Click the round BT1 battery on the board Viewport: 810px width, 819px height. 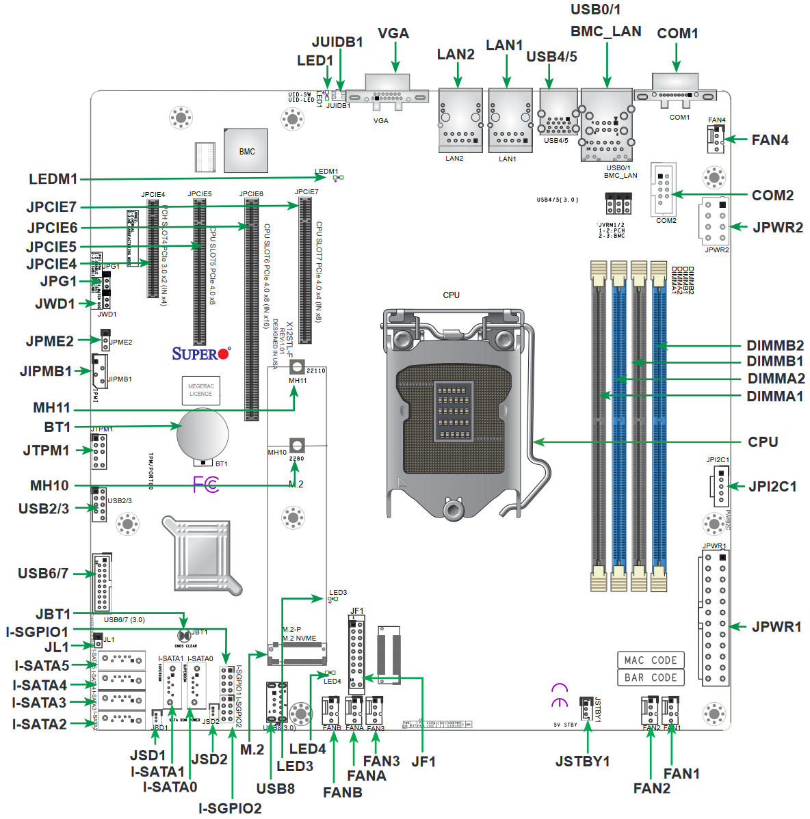tap(202, 433)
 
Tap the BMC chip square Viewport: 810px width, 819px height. tap(246, 151)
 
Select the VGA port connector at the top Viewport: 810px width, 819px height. tap(387, 94)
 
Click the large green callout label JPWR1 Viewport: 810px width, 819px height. tap(776, 627)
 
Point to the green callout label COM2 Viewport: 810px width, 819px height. tap(772, 196)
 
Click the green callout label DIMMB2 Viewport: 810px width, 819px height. tap(774, 345)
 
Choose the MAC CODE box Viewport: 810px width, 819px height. tap(650, 660)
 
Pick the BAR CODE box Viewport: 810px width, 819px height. tap(650, 677)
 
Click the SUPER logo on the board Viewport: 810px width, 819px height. tap(201, 353)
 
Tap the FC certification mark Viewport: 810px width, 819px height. tap(206, 485)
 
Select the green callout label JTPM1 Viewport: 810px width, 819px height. tap(47, 451)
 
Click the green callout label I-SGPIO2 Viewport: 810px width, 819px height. tap(230, 808)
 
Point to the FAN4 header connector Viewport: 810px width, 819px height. tap(716, 139)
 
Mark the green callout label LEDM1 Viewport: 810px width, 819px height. tap(53, 179)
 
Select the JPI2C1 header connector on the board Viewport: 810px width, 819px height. tap(720, 486)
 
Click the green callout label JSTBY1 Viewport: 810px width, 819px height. tap(582, 761)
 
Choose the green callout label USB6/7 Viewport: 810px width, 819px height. tap(43, 574)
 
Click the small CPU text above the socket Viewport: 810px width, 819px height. tap(451, 295)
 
